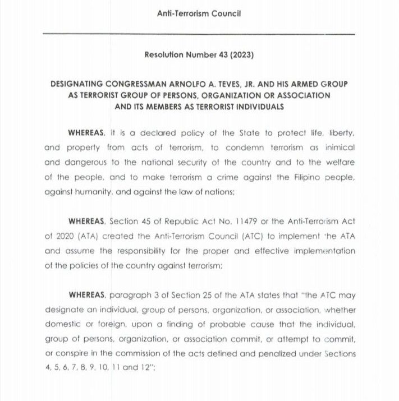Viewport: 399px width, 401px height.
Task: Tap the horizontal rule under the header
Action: point(200,35)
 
